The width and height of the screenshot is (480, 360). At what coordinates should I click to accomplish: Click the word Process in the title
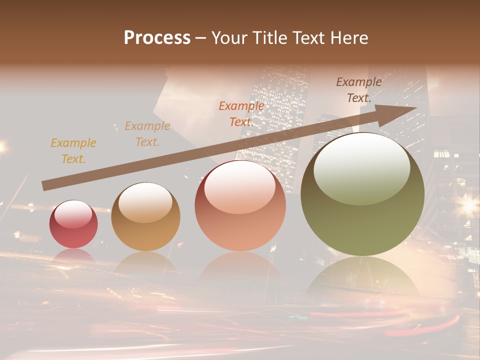[157, 38]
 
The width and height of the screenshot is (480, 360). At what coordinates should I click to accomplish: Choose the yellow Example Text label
[73, 151]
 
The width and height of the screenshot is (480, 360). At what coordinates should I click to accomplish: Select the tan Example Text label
[147, 134]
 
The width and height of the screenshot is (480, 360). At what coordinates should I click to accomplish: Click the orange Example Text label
[241, 114]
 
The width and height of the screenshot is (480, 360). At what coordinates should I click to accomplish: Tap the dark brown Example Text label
[359, 90]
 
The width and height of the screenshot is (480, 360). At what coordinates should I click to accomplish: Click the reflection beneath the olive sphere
[362, 277]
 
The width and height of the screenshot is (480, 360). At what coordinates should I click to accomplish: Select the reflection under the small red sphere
[73, 256]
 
